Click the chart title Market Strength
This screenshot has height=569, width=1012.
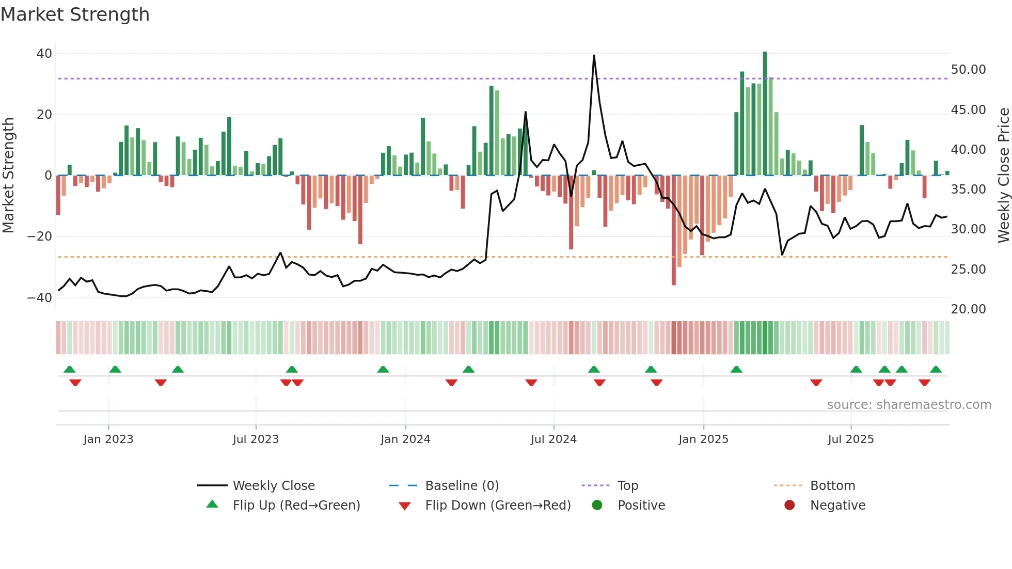coord(75,14)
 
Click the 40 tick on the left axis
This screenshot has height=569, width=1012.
coord(44,54)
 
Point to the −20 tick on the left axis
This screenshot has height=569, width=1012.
coord(40,236)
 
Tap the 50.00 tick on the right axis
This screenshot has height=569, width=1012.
coord(968,70)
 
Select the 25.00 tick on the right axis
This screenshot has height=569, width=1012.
coord(968,270)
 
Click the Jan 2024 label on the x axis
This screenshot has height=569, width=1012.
coord(405,439)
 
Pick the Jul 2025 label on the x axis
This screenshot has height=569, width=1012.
coord(850,439)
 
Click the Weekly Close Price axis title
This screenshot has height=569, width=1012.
coord(1003,176)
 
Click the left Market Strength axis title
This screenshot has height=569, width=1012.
coord(8,176)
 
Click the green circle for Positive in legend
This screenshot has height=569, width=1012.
coord(597,505)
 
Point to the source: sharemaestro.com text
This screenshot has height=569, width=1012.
coord(909,405)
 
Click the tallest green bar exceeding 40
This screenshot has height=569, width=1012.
coord(765,114)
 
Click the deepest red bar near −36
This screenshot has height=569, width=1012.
coord(674,230)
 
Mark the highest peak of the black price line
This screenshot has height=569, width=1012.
coord(594,56)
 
